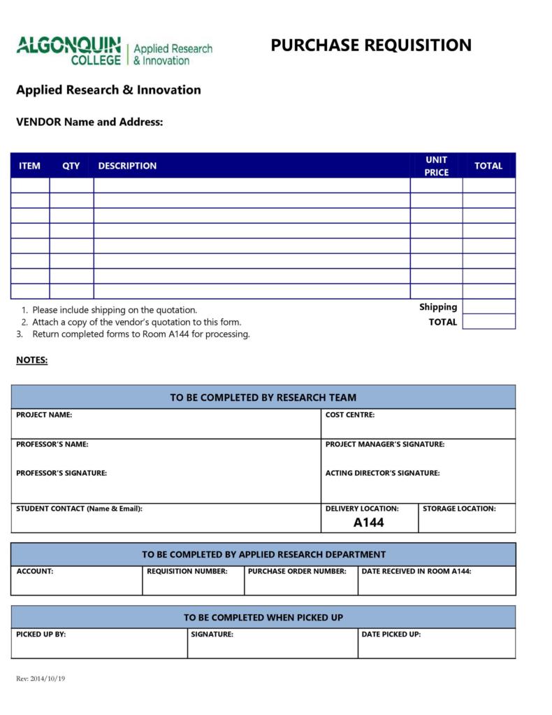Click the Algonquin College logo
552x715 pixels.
114,50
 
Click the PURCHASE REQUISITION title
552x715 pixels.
370,45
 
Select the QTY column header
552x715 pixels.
71,166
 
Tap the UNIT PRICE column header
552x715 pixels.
436,166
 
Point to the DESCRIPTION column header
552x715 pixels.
127,166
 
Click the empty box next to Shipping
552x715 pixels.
488,306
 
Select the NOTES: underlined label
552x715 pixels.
31,360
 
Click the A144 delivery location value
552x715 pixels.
368,523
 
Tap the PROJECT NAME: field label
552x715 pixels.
44,415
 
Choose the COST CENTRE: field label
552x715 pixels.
349,415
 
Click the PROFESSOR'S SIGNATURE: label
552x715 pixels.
61,473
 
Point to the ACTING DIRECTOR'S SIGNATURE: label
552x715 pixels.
382,473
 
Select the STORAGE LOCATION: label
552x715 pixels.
458,509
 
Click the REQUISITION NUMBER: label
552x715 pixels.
187,572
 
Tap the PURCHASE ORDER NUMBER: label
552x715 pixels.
297,572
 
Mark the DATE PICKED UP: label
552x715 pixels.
391,635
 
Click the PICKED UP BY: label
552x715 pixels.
41,635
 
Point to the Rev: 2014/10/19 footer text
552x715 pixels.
41,679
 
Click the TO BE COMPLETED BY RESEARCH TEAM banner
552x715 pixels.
263,397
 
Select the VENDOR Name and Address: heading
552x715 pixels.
89,122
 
